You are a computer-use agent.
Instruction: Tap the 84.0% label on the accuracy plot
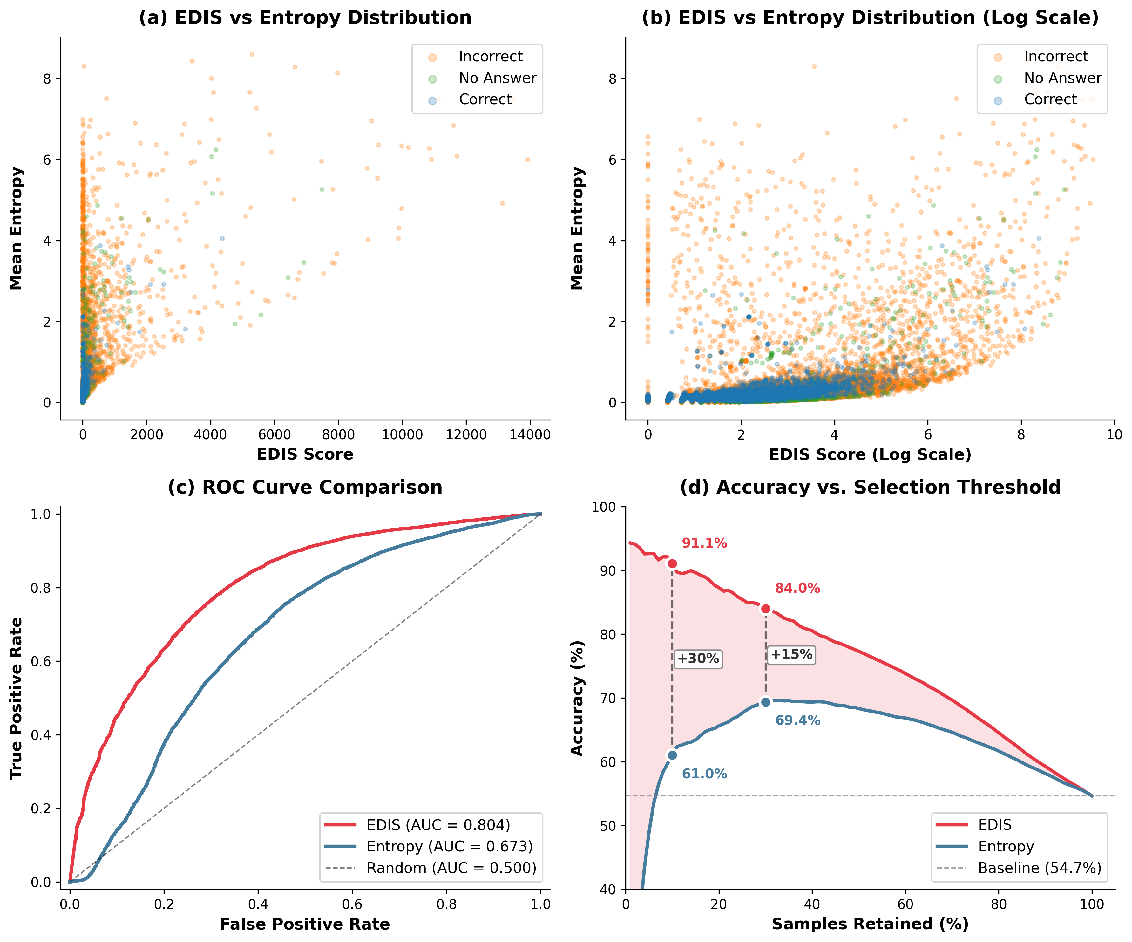click(797, 588)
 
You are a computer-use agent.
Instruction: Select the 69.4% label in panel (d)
click(797, 720)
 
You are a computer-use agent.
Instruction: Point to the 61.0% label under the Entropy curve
click(704, 774)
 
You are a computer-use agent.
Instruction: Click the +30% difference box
click(698, 659)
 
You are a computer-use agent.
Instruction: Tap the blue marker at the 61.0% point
click(672, 755)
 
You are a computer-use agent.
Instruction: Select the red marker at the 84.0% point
click(765, 609)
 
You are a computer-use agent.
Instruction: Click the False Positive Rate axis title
click(305, 924)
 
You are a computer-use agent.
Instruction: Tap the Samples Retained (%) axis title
click(870, 924)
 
